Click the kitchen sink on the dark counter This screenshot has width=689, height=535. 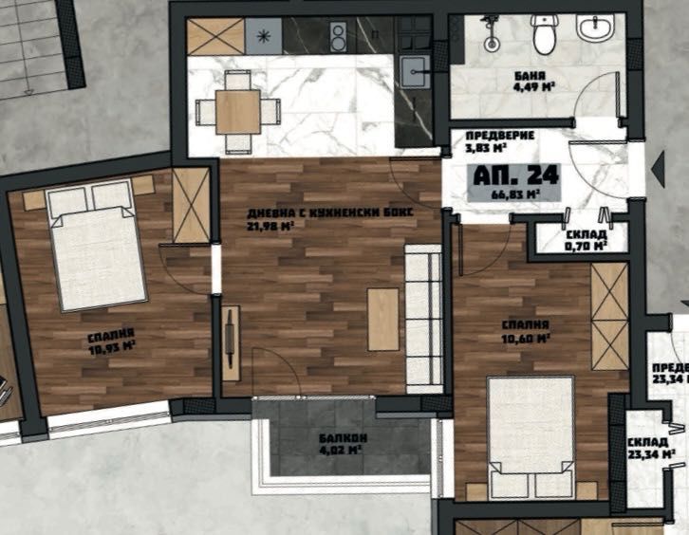pyautogui.click(x=415, y=69)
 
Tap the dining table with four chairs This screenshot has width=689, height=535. pyautogui.click(x=238, y=111)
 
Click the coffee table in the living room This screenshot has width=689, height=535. pyautogui.click(x=382, y=320)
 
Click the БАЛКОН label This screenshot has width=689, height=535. pyautogui.click(x=338, y=438)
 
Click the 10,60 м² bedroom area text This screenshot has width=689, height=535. pyautogui.click(x=529, y=338)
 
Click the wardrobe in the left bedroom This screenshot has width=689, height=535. pyautogui.click(x=191, y=205)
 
